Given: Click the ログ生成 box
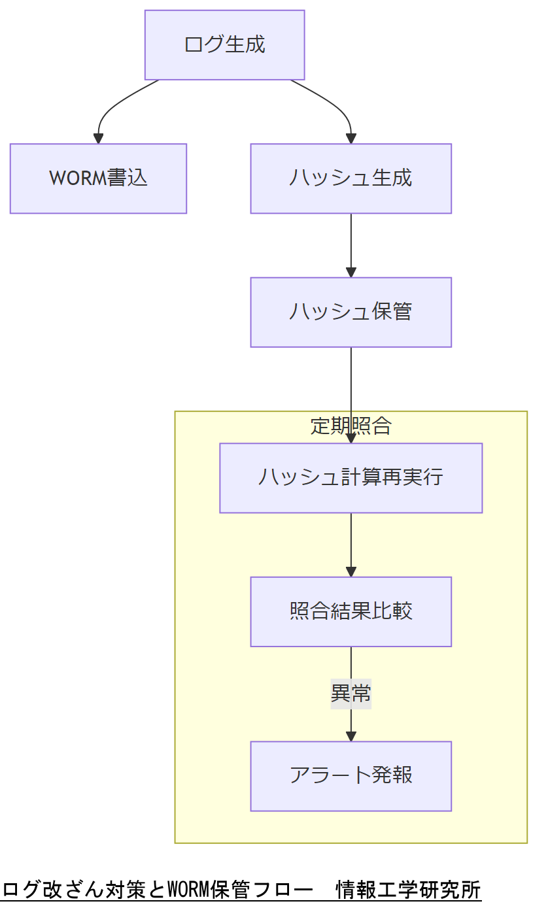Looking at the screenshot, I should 224,45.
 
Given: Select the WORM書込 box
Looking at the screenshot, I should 98,178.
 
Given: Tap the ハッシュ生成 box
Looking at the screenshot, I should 351,178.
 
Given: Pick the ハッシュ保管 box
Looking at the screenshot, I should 351,312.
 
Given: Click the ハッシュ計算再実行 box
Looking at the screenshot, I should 351,478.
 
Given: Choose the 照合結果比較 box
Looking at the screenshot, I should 351,611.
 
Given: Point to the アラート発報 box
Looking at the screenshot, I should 351,776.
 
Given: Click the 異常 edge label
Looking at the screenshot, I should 351,694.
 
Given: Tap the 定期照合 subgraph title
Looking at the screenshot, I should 351,426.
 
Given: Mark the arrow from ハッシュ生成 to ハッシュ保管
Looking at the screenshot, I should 351,245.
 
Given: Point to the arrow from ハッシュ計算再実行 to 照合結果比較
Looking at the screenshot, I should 351,545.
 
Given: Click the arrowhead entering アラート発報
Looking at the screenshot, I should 351,736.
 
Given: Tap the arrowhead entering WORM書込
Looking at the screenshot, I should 98,139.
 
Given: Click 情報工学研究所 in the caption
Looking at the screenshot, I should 408,890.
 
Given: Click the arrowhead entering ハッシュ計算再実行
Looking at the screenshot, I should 351,438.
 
